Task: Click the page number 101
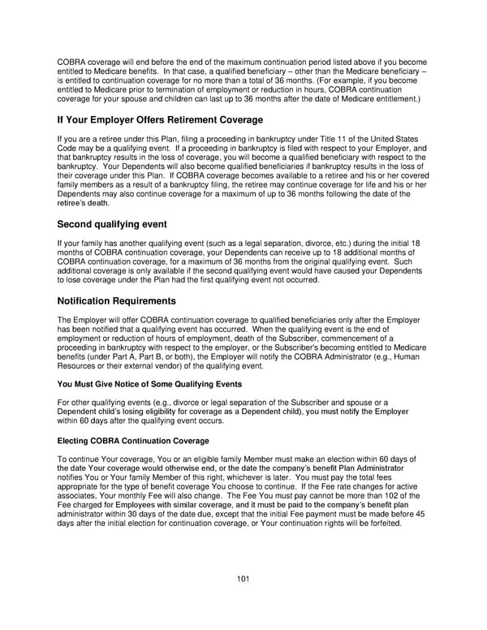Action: coord(243,579)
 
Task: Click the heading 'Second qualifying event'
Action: coord(112,223)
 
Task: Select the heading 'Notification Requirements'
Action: coord(121,301)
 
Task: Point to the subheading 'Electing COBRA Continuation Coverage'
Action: coord(133,441)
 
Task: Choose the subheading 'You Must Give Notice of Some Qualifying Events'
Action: coord(149,383)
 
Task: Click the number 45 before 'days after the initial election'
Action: coord(420,514)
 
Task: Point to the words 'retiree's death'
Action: coord(84,204)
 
